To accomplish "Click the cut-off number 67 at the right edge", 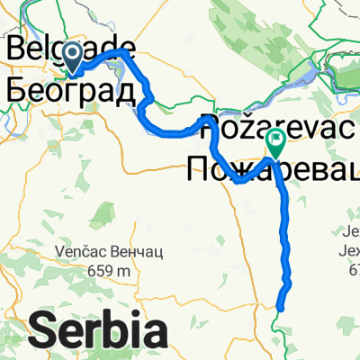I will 352,269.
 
